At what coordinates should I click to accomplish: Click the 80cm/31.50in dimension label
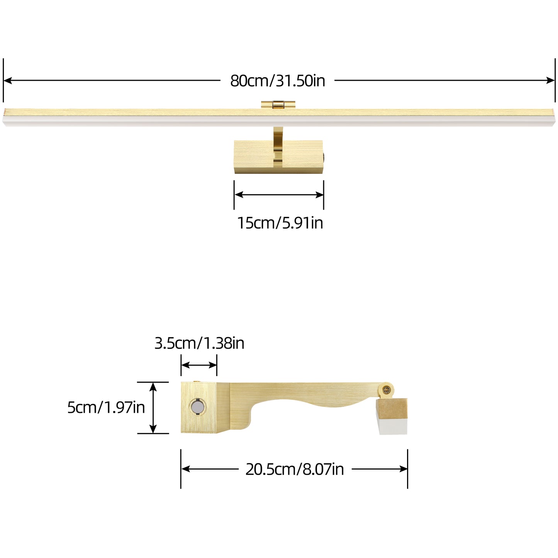coord(278,81)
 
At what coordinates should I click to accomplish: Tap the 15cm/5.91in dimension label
coord(280,223)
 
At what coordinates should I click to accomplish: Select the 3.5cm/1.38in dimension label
coord(199,343)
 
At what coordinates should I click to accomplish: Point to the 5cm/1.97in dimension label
coord(106,407)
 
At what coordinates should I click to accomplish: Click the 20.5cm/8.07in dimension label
coord(295,469)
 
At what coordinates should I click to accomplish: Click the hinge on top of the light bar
coord(278,104)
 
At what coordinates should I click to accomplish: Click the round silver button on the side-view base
coord(197,407)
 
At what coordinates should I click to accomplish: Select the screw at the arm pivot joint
coord(386,390)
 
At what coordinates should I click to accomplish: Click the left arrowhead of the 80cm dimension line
coord(7,81)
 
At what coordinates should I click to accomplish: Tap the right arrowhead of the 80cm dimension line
coord(551,81)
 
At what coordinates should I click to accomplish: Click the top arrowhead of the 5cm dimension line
coord(153,386)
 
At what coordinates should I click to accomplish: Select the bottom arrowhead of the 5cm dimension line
coord(153,429)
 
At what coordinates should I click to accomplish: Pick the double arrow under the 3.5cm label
coord(199,365)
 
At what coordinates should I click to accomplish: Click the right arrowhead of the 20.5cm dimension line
coord(404,469)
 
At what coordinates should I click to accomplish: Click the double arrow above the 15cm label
coord(279,195)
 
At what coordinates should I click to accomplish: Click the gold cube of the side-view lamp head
coord(392,409)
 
